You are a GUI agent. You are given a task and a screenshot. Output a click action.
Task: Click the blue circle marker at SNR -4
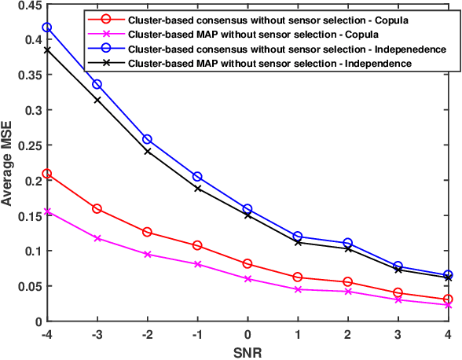click(x=46, y=28)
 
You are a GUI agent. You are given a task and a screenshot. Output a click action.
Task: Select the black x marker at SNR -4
click(x=46, y=50)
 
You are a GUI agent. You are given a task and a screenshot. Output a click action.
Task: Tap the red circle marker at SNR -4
click(x=46, y=174)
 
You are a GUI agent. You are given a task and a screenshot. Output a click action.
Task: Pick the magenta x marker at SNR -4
click(x=46, y=211)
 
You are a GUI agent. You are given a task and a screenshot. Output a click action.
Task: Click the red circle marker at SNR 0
click(x=247, y=264)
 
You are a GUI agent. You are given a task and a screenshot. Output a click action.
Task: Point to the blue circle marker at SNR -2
click(x=147, y=140)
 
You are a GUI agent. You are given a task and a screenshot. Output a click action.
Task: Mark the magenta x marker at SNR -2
click(x=147, y=255)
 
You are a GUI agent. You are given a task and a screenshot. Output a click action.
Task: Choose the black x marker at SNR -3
click(x=97, y=100)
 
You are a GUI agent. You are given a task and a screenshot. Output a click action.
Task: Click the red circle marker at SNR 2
click(x=348, y=282)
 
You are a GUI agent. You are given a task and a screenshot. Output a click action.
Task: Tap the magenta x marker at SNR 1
click(x=298, y=289)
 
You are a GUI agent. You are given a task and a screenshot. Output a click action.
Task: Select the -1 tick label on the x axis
click(x=196, y=334)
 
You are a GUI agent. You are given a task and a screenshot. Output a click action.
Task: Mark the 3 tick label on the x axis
click(x=398, y=334)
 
